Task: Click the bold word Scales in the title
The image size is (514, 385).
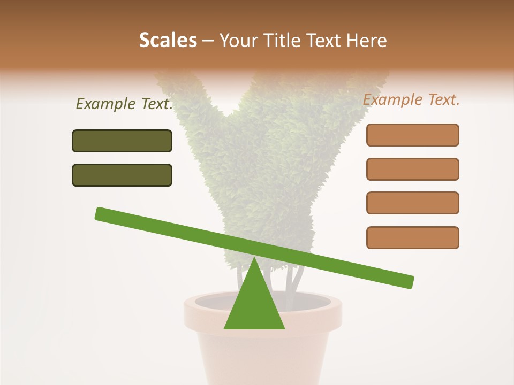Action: pos(168,41)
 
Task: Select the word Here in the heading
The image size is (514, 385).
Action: pos(366,41)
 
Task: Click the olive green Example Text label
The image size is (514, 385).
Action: pos(124,104)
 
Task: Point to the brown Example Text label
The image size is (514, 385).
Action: pos(411,99)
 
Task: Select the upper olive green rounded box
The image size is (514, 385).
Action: pos(122,141)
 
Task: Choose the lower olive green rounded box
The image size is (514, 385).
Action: pos(122,175)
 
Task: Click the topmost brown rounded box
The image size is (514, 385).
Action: pos(412,135)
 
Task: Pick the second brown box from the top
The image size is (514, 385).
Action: pos(412,169)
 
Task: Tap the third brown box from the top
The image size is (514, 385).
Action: pos(412,203)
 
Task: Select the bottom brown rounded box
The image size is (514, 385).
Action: pos(412,237)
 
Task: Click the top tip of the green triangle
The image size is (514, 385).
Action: pos(254,259)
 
